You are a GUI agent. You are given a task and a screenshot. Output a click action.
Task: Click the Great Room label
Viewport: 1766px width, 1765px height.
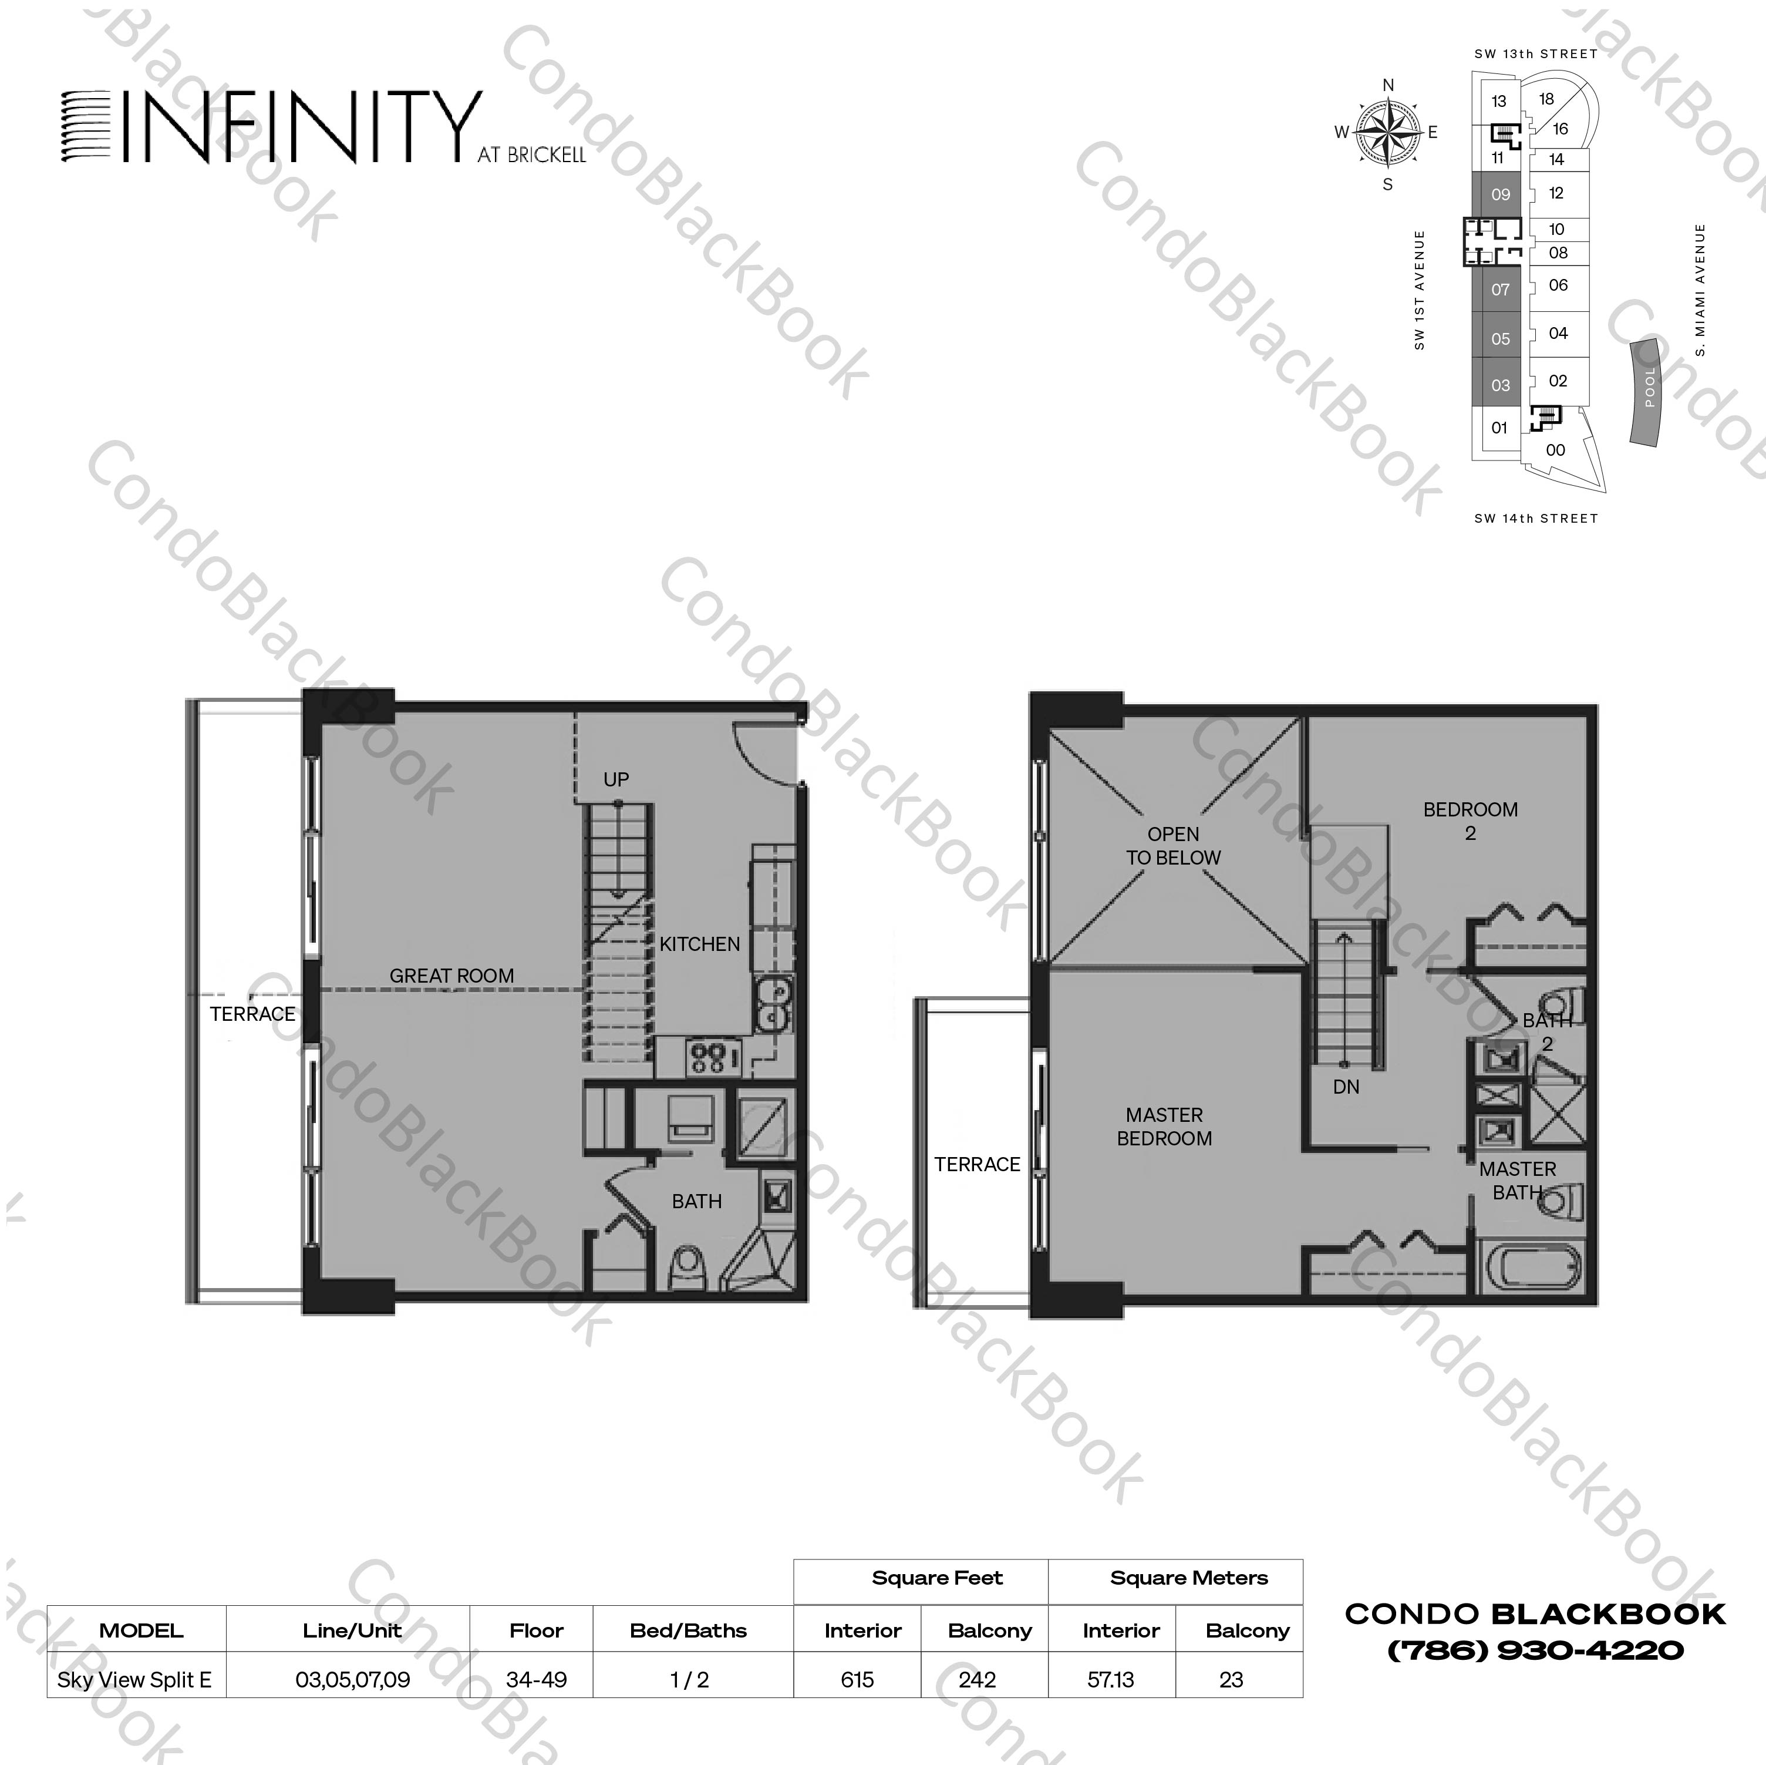[451, 976]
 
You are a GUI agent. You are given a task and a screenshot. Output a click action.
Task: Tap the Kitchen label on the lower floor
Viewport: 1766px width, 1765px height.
[699, 944]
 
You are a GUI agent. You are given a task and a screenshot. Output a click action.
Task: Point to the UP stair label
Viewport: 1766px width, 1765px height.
[616, 779]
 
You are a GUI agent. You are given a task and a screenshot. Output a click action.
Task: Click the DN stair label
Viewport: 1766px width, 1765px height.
[1346, 1087]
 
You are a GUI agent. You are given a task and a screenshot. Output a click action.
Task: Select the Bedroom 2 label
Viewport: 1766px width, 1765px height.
[1470, 821]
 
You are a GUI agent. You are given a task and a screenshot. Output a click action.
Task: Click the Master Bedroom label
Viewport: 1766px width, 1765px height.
[1164, 1127]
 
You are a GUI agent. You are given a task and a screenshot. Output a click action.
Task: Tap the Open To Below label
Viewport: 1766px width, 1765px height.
[1173, 846]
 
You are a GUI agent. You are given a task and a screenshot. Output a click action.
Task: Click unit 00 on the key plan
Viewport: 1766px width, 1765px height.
[1555, 450]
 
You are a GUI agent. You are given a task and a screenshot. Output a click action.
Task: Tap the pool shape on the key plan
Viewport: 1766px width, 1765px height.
[1647, 391]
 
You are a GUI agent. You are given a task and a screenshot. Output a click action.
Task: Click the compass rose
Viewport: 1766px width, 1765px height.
[1387, 133]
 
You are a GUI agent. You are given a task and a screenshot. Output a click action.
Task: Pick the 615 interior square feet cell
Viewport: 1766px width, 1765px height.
[857, 1679]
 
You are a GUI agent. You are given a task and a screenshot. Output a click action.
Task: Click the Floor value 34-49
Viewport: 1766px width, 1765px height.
[537, 1679]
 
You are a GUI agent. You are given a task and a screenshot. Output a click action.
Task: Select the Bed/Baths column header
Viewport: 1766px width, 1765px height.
[687, 1630]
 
